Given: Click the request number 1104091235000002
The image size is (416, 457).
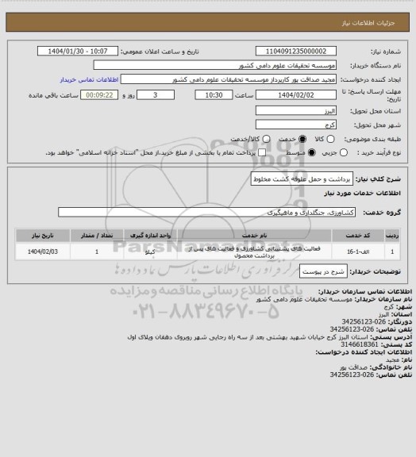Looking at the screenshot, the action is click(299, 51).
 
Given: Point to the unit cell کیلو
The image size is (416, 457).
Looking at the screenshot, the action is click(159, 252).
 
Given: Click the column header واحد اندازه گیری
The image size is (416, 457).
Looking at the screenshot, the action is click(158, 236).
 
